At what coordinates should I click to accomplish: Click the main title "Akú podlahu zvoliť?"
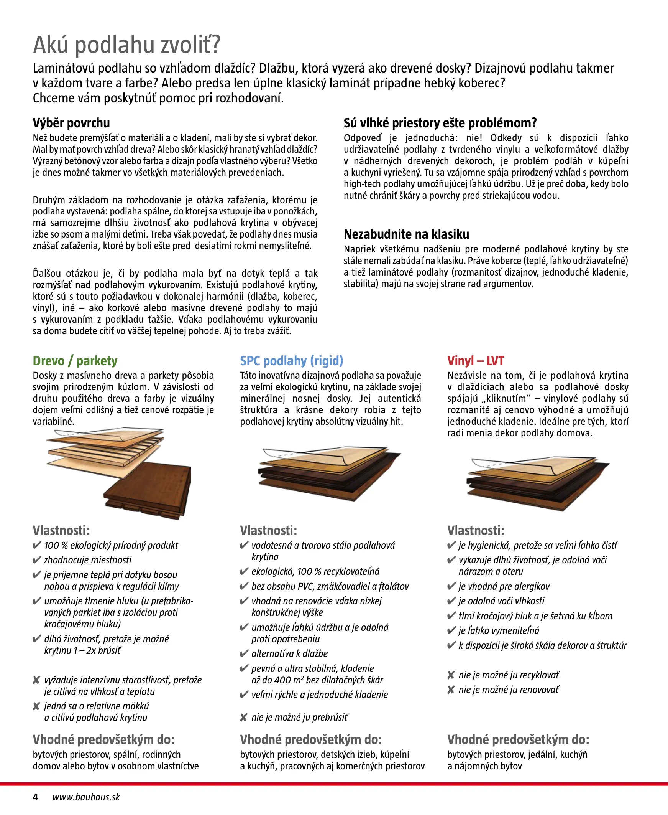[126, 45]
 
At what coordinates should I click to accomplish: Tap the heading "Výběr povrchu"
[71, 123]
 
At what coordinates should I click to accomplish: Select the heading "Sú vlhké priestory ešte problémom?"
[440, 123]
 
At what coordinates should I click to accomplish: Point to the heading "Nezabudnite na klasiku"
[406, 234]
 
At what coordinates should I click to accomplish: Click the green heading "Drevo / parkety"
[75, 361]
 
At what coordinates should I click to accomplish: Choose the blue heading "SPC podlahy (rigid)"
[291, 361]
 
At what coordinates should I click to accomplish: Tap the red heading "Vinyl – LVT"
[475, 361]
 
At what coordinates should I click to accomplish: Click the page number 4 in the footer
[35, 797]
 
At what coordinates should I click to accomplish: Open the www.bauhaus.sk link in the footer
[86, 797]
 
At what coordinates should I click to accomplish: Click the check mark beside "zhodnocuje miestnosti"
[37, 559]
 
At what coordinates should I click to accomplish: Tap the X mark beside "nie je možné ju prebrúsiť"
[244, 717]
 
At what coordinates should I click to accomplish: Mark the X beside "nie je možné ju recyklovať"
[451, 675]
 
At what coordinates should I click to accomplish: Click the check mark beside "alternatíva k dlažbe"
[244, 653]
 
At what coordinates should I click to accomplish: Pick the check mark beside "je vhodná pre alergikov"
[451, 586]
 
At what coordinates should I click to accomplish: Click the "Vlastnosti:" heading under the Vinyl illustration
[476, 530]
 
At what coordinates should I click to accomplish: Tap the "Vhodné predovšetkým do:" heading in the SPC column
[310, 739]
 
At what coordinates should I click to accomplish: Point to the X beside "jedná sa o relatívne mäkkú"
[36, 706]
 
